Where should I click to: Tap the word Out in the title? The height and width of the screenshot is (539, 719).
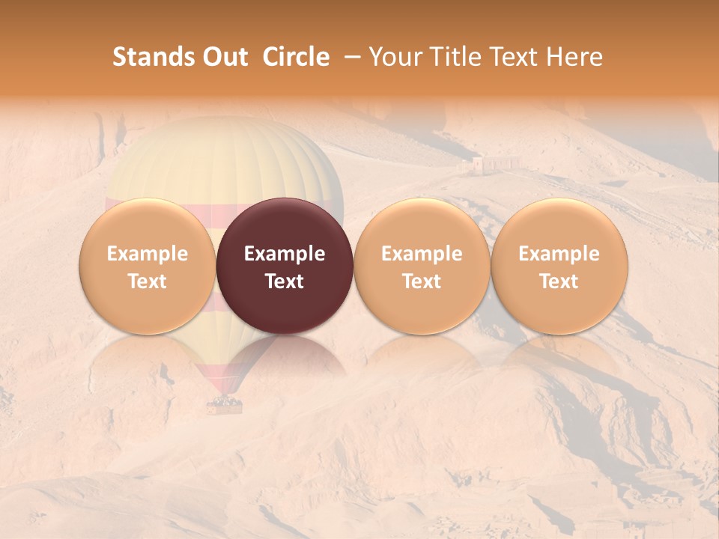223,57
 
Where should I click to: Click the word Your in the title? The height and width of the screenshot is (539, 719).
395,57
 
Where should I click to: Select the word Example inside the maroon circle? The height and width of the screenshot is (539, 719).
285,254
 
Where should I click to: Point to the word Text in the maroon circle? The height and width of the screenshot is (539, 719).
285,281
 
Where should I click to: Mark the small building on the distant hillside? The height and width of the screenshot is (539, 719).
496,163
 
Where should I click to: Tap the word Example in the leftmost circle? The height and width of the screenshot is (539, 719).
148,254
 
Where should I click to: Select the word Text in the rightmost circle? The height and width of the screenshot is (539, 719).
559,281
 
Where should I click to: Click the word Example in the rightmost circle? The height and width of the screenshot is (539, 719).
559,254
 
